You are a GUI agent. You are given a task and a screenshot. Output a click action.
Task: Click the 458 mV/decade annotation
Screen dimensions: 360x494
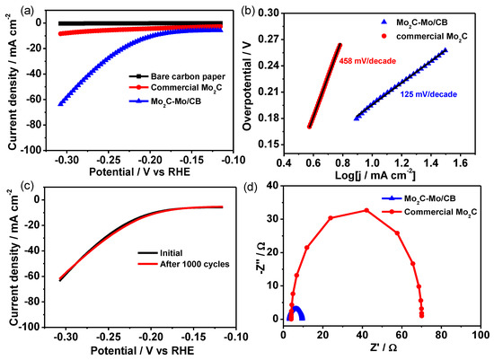pos(366,62)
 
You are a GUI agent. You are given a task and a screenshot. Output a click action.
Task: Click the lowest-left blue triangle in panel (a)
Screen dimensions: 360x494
pos(61,103)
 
